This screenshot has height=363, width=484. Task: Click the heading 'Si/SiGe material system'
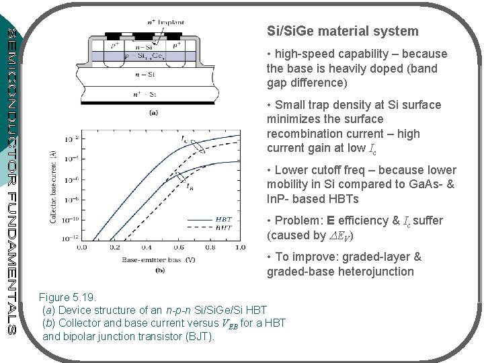click(x=342, y=31)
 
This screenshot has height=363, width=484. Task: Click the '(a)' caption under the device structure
click(x=153, y=113)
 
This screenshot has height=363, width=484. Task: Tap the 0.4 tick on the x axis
click(x=145, y=247)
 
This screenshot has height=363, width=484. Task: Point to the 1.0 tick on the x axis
click(x=239, y=247)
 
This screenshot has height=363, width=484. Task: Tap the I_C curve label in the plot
click(x=185, y=140)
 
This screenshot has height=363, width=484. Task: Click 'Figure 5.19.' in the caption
click(x=69, y=296)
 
